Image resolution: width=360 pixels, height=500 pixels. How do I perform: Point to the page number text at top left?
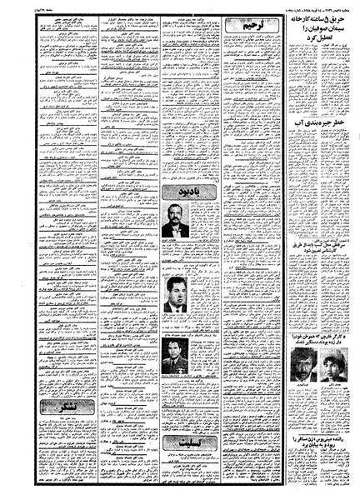pyautogui.click(x=22, y=7)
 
